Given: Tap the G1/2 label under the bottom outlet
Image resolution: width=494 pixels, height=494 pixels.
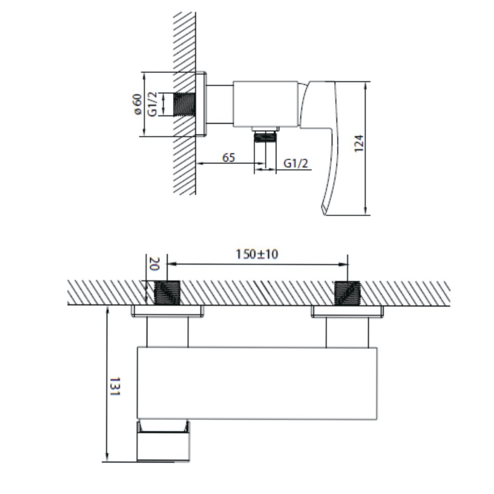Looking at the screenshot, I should (x=296, y=163).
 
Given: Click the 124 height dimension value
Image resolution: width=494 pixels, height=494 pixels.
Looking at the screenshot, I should (x=359, y=144).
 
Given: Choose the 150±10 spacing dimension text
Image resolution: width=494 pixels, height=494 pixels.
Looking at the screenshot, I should (x=257, y=254).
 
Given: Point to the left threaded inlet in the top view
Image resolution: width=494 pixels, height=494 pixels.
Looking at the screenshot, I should (x=168, y=293).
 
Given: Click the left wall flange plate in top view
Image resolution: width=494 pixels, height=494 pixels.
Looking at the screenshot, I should (x=167, y=312).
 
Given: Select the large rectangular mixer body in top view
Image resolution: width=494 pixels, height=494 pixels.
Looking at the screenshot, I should (x=257, y=383).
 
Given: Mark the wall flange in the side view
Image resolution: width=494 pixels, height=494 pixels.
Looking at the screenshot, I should (x=201, y=105).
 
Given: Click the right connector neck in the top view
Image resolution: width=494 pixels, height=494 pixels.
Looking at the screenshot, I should (x=347, y=332).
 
